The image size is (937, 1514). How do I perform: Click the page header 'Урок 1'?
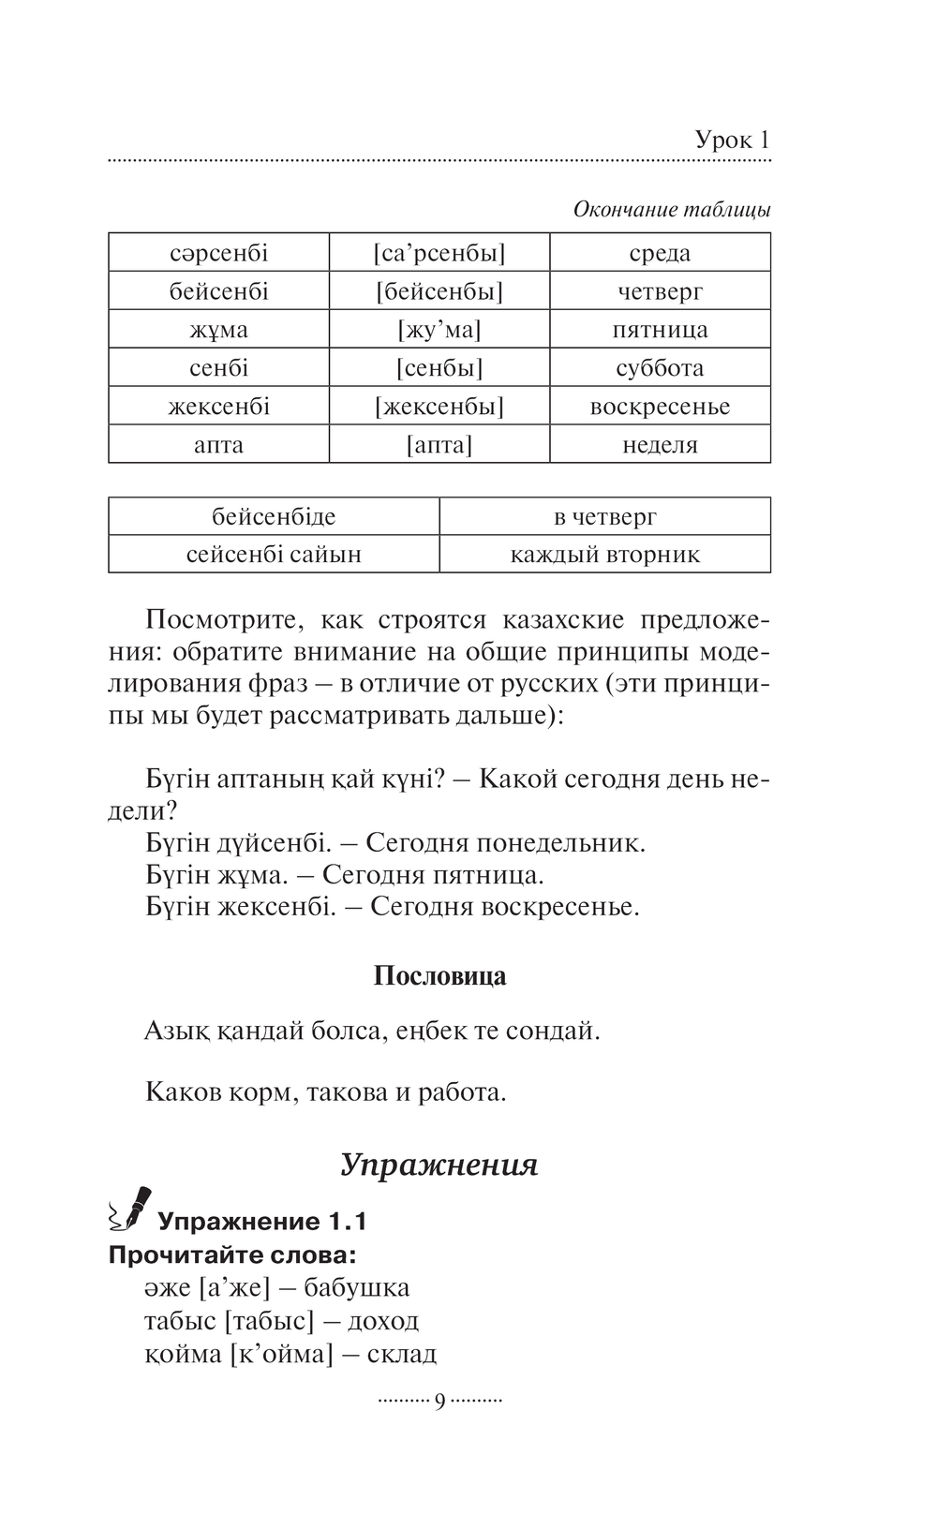click(732, 141)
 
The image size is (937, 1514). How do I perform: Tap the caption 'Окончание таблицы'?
click(672, 210)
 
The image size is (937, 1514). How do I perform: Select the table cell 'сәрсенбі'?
click(219, 253)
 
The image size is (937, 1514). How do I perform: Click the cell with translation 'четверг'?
click(660, 291)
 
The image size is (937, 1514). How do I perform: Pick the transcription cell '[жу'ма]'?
click(439, 330)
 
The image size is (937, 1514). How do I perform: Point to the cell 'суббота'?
click(660, 368)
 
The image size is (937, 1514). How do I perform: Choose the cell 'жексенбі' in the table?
click(219, 407)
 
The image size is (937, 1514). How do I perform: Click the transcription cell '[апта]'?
click(439, 445)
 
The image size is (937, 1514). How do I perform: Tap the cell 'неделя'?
click(660, 445)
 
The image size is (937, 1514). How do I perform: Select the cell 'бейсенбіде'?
click(274, 516)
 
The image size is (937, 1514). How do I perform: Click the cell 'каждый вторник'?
click(604, 555)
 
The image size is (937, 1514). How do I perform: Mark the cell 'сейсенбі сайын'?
click(274, 555)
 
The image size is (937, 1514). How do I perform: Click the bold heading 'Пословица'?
click(439, 976)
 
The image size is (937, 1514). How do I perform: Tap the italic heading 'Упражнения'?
click(439, 1165)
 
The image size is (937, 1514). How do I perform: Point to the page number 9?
click(439, 1402)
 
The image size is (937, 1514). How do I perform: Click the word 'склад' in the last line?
click(402, 1354)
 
